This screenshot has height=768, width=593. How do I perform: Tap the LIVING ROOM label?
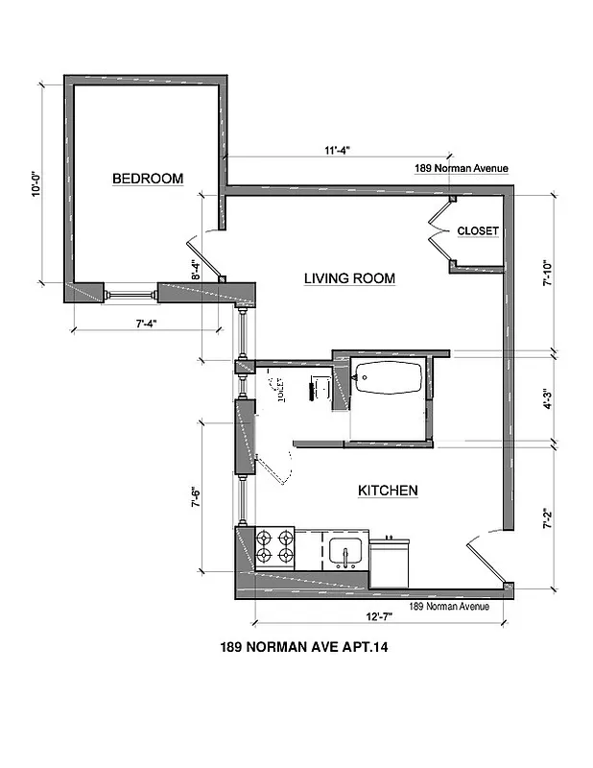(x=349, y=279)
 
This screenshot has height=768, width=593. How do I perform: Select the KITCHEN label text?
(x=388, y=491)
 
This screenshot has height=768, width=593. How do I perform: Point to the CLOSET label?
(x=477, y=231)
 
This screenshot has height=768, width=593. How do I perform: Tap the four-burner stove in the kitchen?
(x=274, y=546)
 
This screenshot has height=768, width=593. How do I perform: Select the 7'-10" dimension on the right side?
(x=546, y=274)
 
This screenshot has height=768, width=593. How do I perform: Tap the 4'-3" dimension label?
(x=546, y=398)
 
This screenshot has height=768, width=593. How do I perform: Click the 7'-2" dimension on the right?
(x=546, y=518)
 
